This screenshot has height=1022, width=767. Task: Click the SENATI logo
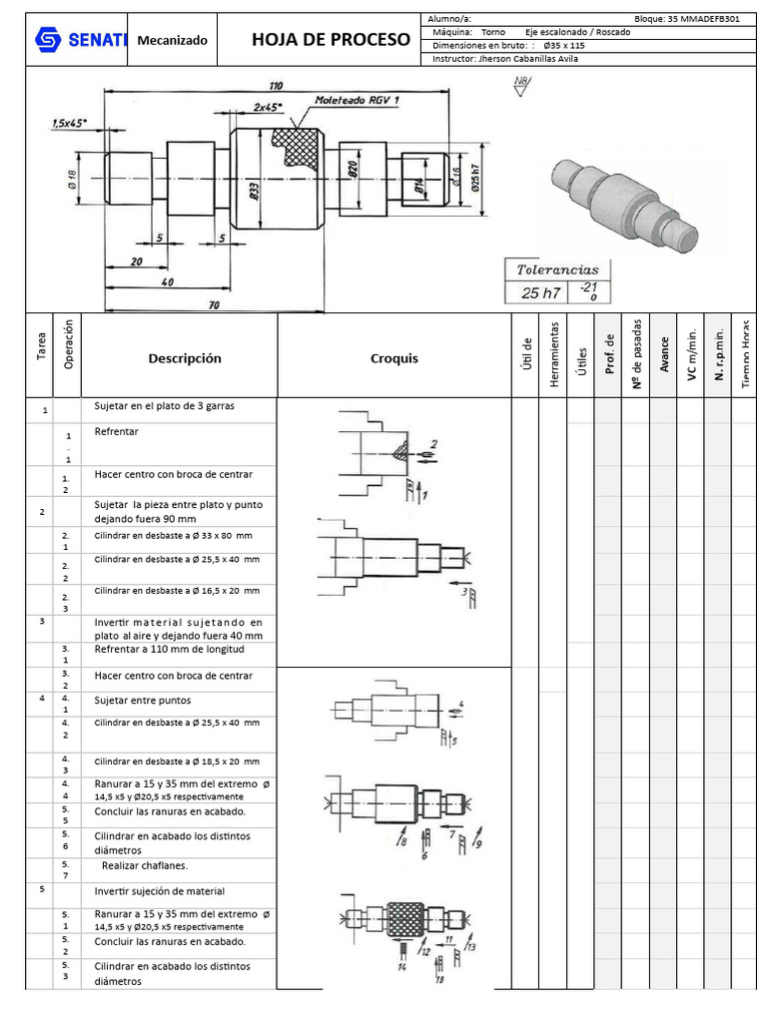coord(81,40)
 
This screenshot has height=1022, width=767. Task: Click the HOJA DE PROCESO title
coord(331,40)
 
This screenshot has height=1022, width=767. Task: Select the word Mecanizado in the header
coord(172,41)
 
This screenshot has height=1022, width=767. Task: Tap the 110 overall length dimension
coord(275,85)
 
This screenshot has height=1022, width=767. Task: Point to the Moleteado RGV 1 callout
coord(357,101)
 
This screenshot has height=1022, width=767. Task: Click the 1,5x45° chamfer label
coord(69,124)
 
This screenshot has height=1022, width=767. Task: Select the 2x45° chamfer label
coord(267,107)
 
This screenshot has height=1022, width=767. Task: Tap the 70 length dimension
coord(213,305)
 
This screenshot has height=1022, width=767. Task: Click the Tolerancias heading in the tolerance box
coord(556,269)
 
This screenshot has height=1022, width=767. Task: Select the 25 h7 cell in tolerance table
coord(540,293)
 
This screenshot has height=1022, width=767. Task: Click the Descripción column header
coord(185,358)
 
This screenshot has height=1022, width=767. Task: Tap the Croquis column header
coord(393,358)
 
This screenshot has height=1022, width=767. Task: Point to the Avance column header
coord(664,359)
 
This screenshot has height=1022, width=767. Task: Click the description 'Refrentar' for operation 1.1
coord(116,432)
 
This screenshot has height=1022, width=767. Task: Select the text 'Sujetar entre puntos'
coord(142,701)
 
